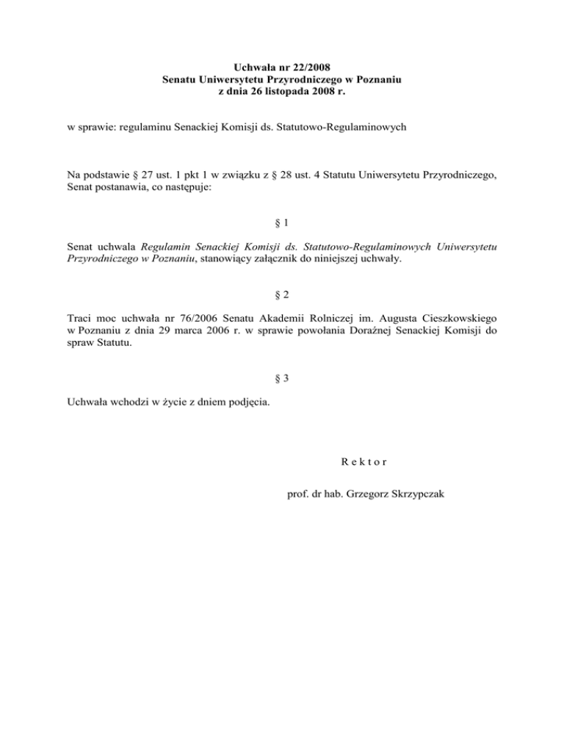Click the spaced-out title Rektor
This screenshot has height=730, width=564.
coord(358,462)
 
